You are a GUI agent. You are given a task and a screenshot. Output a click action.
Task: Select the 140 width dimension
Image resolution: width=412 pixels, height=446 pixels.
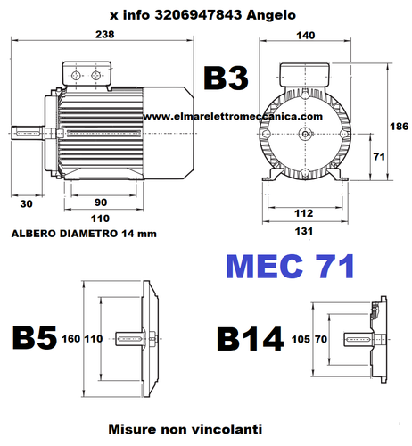(x=306, y=35)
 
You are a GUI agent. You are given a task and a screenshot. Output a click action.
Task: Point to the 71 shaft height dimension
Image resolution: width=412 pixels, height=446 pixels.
(x=378, y=157)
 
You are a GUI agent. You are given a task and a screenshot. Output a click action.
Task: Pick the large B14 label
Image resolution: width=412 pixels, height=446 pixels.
(x=250, y=340)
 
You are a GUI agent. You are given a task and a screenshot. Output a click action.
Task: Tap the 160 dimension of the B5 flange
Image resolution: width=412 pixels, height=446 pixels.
(x=70, y=340)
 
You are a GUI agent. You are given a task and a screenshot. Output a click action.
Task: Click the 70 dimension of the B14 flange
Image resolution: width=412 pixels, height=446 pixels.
(x=320, y=340)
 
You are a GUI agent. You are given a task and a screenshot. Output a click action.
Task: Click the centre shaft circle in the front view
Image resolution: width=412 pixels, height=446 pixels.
(x=306, y=134)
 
